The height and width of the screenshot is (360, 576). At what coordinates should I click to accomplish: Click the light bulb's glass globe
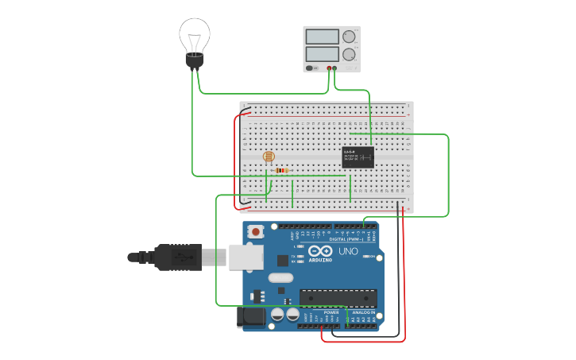(x=195, y=35)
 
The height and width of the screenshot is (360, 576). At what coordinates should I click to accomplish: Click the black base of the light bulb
(x=195, y=60)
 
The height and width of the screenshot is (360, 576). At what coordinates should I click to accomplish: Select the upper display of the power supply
(x=322, y=37)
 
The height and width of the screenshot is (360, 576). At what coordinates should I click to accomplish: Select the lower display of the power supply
(x=322, y=54)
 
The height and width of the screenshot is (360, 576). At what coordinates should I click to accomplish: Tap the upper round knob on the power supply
(x=348, y=37)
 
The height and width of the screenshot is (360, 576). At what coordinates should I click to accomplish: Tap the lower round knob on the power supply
(x=348, y=54)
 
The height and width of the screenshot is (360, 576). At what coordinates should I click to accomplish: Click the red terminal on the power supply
(x=328, y=68)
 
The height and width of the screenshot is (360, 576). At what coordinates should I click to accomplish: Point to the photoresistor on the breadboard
(x=268, y=157)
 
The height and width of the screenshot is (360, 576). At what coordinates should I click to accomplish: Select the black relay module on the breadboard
(x=358, y=157)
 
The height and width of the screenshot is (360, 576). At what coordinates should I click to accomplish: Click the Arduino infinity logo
(x=321, y=252)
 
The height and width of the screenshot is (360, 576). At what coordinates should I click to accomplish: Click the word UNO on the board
(x=349, y=251)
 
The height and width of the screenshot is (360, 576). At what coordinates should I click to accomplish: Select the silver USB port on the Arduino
(x=245, y=257)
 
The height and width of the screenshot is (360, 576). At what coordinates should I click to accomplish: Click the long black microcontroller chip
(x=337, y=297)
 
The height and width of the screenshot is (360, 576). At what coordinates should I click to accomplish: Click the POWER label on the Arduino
(x=331, y=312)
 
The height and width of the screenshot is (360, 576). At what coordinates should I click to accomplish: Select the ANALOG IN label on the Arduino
(x=363, y=312)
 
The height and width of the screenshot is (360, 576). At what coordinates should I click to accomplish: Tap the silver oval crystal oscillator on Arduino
(x=280, y=278)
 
